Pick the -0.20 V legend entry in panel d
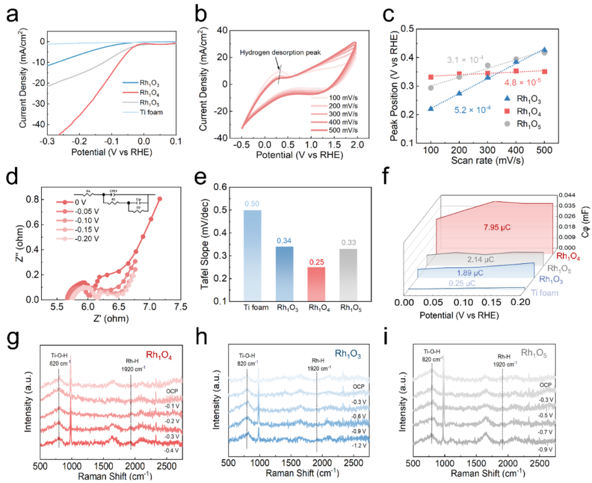(x=86, y=239)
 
